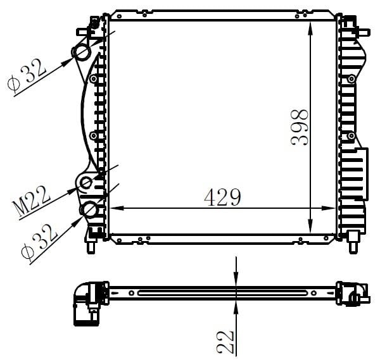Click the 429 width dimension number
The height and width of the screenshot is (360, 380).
tap(222, 197)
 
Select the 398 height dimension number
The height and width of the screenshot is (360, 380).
tap(300, 127)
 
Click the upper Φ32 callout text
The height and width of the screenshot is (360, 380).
tap(27, 75)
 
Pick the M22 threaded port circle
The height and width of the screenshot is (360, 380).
tap(85, 182)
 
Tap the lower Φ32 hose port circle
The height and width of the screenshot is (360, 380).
tap(90, 209)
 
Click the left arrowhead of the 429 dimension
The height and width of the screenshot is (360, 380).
tap(117, 208)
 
